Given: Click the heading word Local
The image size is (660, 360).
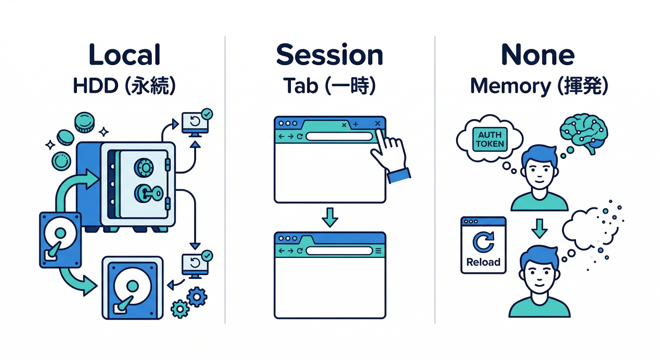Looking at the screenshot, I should [x=124, y=55].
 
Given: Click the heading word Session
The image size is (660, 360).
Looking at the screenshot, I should [x=330, y=55].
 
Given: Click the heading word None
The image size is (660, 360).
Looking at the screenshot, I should [x=538, y=55].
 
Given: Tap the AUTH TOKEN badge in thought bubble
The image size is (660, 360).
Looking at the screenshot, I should [x=489, y=139].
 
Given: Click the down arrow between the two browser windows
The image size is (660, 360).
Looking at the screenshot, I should [x=330, y=217].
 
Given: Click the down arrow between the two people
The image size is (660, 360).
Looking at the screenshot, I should [x=540, y=228].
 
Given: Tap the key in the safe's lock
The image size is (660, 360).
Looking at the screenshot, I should [x=150, y=192].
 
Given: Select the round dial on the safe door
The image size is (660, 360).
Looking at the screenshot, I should [x=144, y=167].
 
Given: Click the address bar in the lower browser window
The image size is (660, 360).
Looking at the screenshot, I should [x=339, y=251].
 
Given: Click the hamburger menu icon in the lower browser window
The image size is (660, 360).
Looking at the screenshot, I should [x=379, y=251].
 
